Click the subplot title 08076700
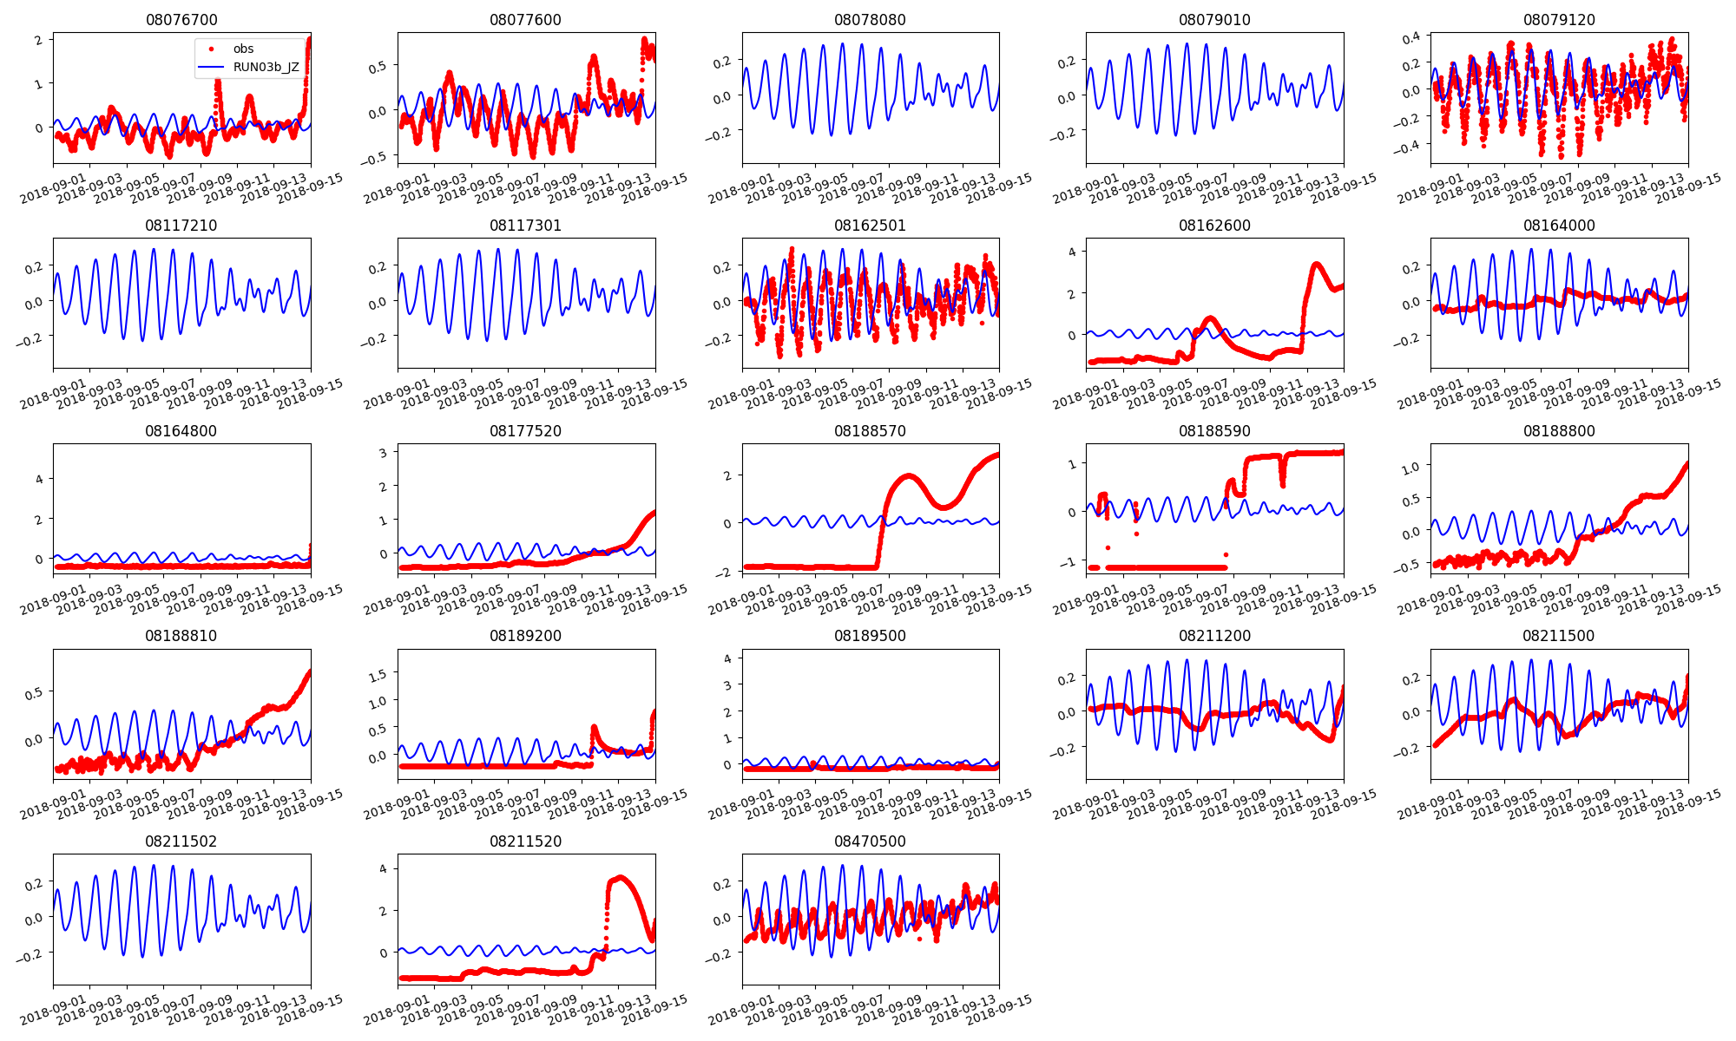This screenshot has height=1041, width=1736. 181,20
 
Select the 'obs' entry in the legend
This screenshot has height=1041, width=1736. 243,49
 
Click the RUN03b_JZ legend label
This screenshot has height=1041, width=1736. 266,67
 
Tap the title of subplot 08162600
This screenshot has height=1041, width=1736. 1214,226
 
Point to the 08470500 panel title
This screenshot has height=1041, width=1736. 870,841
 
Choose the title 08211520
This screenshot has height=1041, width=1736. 525,841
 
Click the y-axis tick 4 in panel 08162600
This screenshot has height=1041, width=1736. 1072,252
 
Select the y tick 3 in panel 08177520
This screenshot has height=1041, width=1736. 383,453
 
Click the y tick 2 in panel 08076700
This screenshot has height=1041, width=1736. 39,40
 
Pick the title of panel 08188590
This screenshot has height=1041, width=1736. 1214,431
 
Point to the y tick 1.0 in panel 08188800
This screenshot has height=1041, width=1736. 1410,468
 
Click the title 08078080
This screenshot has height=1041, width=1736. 870,20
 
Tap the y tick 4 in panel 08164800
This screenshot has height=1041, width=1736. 39,480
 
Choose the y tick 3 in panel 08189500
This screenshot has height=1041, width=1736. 727,685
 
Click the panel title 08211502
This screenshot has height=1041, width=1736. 181,841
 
